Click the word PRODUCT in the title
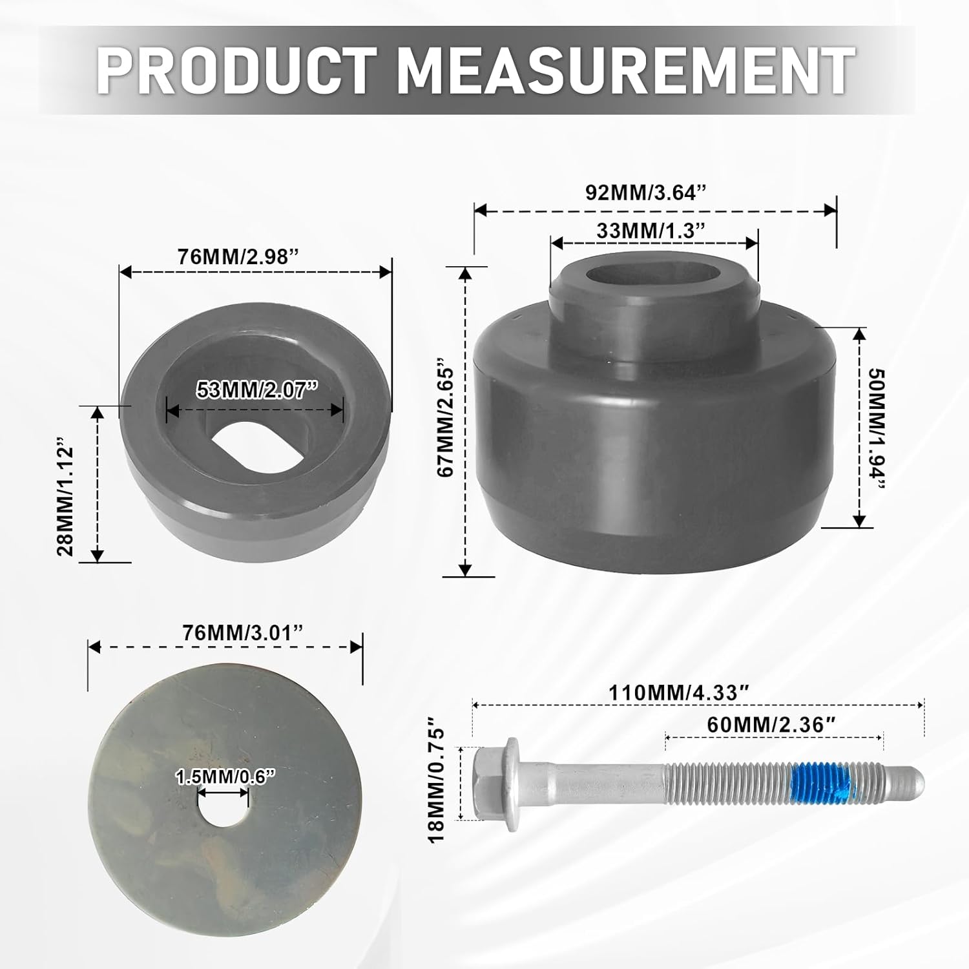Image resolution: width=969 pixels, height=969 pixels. click(236, 70)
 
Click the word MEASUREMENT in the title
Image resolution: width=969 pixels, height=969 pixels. click(625, 70)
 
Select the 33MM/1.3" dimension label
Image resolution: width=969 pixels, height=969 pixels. click(649, 230)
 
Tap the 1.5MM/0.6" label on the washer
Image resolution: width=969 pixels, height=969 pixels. click(222, 778)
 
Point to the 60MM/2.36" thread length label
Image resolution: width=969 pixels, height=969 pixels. click(767, 725)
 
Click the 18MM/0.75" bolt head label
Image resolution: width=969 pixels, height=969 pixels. click(437, 784)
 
